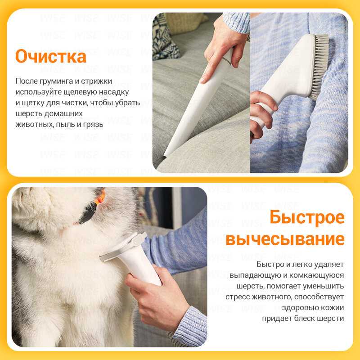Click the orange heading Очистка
click(x=51, y=56)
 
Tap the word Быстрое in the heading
click(x=307, y=217)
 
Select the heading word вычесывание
click(x=285, y=239)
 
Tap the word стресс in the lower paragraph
click(x=238, y=297)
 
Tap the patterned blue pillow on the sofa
click(x=164, y=37)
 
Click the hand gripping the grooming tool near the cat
click(x=156, y=299)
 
